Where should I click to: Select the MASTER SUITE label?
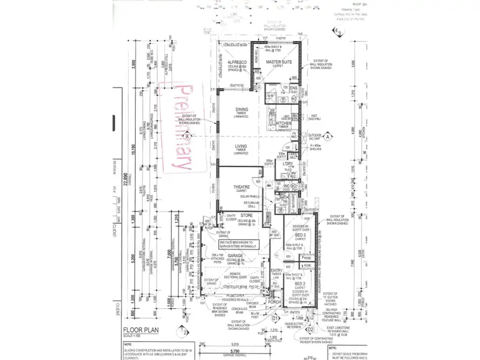click(x=279, y=62)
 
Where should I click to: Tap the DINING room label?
click(x=241, y=109)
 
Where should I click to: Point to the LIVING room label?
click(x=241, y=146)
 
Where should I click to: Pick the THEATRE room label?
click(x=241, y=187)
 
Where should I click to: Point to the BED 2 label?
click(x=291, y=283)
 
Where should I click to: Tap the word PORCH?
click(x=276, y=303)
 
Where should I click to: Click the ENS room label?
click(x=294, y=88)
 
